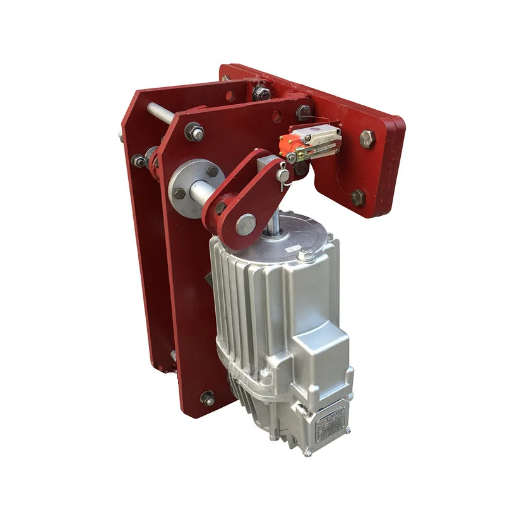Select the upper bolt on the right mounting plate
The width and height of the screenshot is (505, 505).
point(368,138)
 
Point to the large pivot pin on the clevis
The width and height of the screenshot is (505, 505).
point(246,222)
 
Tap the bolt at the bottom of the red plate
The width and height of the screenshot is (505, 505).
point(206,398)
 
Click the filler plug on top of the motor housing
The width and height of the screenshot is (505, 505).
point(307,257)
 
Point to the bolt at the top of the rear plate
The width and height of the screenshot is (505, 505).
point(260,93)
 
